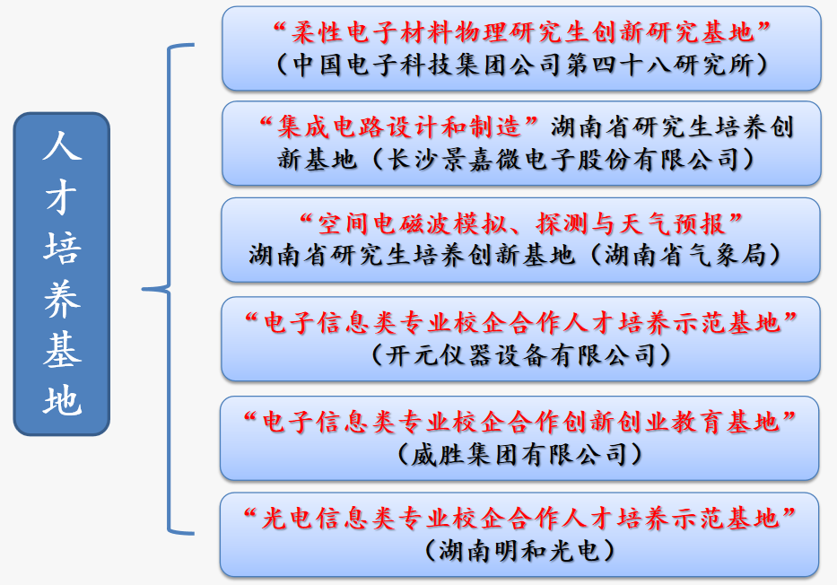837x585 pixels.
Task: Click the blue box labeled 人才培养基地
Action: tap(62, 274)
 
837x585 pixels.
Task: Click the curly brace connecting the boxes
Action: tap(170, 289)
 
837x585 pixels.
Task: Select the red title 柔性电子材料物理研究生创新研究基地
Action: tap(521, 32)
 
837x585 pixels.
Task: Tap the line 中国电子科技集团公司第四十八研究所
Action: tap(521, 65)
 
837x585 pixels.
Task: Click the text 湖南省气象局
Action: tap(686, 255)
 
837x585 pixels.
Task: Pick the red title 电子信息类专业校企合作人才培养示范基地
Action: tap(520, 322)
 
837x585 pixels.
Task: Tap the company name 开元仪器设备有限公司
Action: tap(520, 355)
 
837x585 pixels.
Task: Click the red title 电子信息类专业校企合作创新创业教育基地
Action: tap(519, 422)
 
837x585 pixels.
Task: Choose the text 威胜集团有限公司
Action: tap(519, 454)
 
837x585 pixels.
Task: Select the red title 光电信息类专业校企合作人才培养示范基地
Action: tap(519, 518)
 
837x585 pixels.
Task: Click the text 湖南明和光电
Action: tap(519, 550)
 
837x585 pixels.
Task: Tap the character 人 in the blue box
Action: tap(62, 146)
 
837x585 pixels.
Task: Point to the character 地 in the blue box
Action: tap(62, 400)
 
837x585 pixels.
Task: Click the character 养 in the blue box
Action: tap(62, 299)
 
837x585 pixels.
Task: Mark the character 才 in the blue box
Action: tap(61, 197)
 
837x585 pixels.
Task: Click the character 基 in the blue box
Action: tap(62, 350)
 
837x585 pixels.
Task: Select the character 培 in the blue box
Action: tap(62, 248)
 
